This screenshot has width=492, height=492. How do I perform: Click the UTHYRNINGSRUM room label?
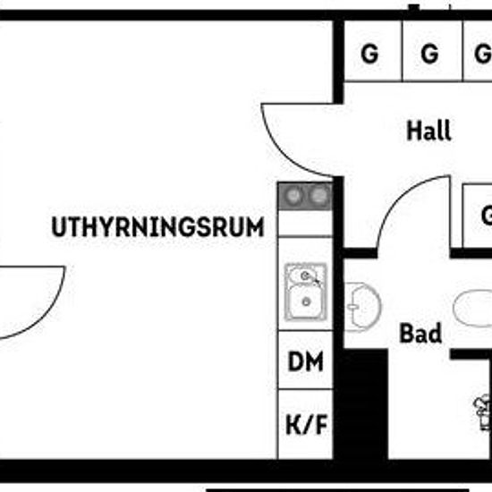(157, 226)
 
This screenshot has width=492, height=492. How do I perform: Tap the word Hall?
(428, 131)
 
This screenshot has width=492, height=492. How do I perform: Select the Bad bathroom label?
(420, 333)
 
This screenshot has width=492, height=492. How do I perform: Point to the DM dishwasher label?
(305, 361)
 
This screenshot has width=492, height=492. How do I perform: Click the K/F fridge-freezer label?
(306, 424)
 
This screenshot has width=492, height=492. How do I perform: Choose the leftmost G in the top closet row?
(369, 54)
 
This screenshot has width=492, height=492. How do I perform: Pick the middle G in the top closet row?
(429, 54)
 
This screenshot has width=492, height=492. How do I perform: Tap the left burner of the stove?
(293, 196)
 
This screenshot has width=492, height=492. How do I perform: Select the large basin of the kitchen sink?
(306, 301)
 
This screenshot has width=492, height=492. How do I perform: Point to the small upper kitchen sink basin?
(304, 276)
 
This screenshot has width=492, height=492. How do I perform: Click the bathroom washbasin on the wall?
(362, 307)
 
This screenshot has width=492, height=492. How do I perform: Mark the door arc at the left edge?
(43, 317)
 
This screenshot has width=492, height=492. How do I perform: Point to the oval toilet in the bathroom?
(473, 308)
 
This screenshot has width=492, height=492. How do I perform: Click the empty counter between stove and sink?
(305, 223)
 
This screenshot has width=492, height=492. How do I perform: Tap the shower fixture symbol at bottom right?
(483, 412)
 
